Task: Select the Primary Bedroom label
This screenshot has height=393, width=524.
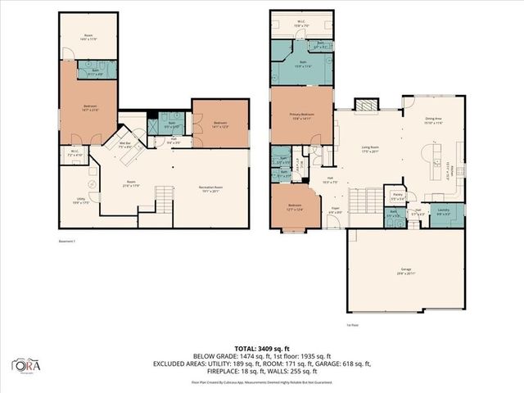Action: click(x=302, y=116)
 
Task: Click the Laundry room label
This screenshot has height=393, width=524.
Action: click(x=443, y=211)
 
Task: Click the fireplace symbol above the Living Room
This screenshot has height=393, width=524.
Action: click(x=364, y=105)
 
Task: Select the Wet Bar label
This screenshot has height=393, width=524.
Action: click(x=125, y=145)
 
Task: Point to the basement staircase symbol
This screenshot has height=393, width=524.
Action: click(x=165, y=197)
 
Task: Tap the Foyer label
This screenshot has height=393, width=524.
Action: click(x=335, y=210)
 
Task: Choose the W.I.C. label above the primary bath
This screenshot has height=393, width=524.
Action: click(x=302, y=24)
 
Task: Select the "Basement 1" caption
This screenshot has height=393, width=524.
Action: click(x=69, y=242)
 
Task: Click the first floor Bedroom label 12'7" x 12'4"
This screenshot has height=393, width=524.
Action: click(x=295, y=208)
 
